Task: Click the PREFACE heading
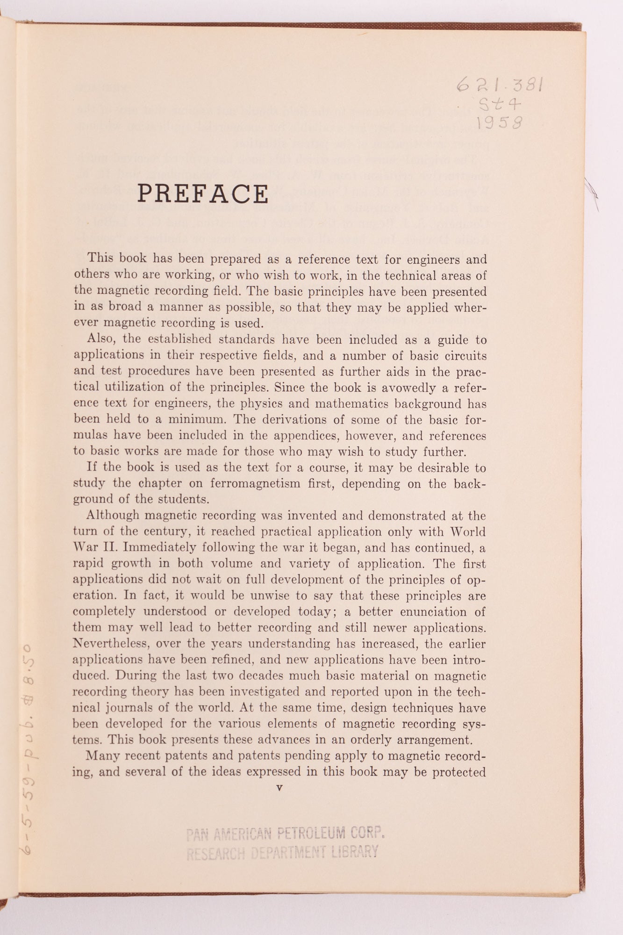(x=203, y=194)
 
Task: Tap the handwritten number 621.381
(x=499, y=85)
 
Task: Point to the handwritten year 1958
(x=499, y=122)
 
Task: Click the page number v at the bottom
(x=279, y=788)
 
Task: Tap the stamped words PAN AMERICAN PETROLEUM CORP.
(x=285, y=834)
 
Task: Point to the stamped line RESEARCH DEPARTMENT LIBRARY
(x=282, y=853)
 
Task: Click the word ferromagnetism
(x=255, y=483)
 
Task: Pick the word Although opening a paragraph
(x=113, y=516)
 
